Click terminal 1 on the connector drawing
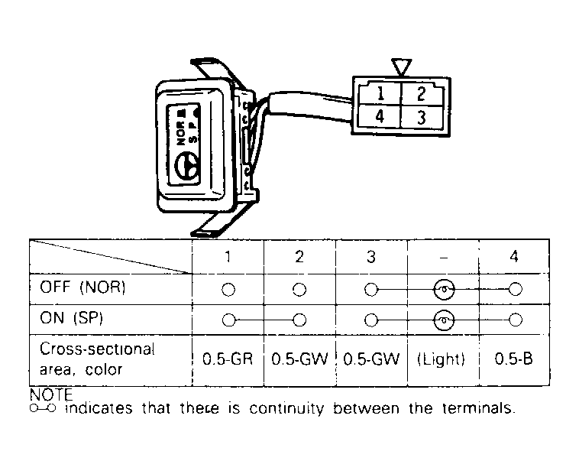coord(380,93)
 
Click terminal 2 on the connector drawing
coord(422,93)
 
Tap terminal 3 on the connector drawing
coord(422,118)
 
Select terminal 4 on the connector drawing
coord(380,116)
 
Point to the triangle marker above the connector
coord(401,67)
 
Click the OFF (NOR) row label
coord(82,287)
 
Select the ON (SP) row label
coord(71,318)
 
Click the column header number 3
coord(371,257)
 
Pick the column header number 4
coord(514,256)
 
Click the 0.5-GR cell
coord(228,359)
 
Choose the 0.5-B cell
coord(514,359)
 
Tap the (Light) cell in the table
coord(441,359)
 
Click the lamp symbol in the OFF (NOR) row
coord(444,289)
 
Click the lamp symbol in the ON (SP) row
coord(444,320)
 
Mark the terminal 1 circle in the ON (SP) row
coord(228,320)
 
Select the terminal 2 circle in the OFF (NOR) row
coord(299,290)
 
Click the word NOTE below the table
coord(51,394)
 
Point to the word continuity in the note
coord(286,409)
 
